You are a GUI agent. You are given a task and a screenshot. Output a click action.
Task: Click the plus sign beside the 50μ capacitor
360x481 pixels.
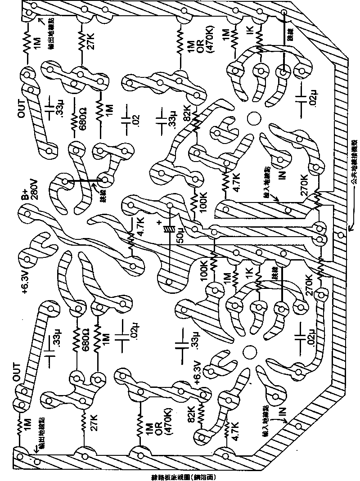(x=158, y=222)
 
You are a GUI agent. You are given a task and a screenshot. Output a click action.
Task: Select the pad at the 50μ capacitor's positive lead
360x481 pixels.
(x=170, y=205)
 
